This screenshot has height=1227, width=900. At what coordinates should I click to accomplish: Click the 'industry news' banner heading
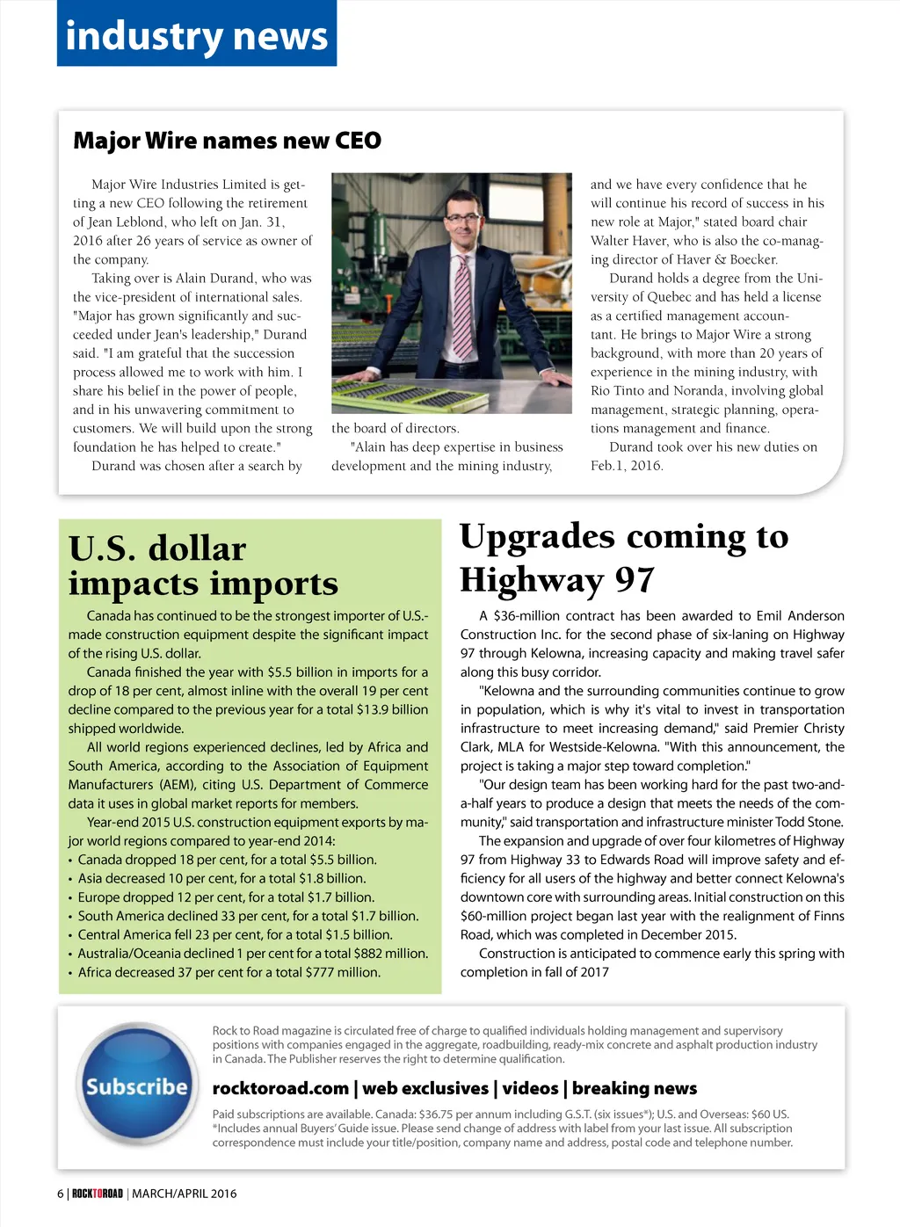click(x=196, y=36)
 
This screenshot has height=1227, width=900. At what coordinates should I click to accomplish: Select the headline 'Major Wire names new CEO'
click(x=227, y=141)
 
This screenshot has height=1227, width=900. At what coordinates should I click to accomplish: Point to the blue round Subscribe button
click(x=136, y=1087)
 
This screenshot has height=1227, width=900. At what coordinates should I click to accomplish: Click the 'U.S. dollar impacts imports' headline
click(x=203, y=565)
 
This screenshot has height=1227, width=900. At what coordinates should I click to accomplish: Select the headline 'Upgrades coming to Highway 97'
click(x=624, y=557)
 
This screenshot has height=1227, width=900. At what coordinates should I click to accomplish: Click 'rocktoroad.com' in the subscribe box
click(x=280, y=1088)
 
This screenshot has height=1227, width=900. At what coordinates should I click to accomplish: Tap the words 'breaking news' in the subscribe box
click(x=634, y=1088)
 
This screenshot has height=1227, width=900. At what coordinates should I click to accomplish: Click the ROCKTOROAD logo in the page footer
click(x=97, y=1194)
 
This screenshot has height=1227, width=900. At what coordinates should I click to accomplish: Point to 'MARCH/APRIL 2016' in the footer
click(x=184, y=1194)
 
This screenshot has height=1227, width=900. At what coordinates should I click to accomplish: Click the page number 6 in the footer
click(x=61, y=1194)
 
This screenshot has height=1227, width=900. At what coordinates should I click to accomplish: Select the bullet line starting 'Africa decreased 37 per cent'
click(x=229, y=972)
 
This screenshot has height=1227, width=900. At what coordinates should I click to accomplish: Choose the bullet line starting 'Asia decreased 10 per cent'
click(x=221, y=878)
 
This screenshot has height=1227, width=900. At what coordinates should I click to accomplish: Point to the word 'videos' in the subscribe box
click(x=530, y=1088)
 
